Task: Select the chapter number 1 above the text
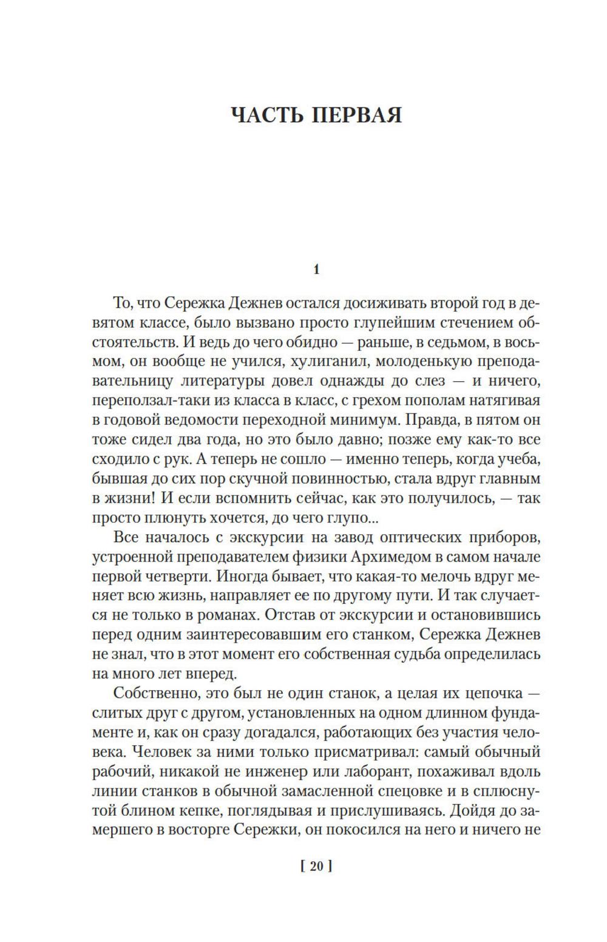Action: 316,269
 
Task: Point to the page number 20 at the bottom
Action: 316,867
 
